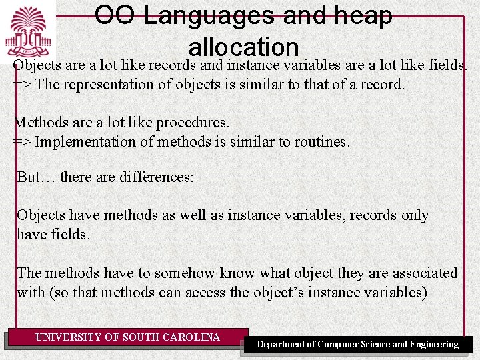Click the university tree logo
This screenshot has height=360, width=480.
[x=28, y=31]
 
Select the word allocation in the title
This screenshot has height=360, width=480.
[x=243, y=47]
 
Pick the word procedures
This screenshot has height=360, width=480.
[x=196, y=123]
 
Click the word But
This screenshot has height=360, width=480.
[x=29, y=177]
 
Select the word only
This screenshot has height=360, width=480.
[x=415, y=215]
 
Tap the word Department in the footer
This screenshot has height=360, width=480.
[x=287, y=345]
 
